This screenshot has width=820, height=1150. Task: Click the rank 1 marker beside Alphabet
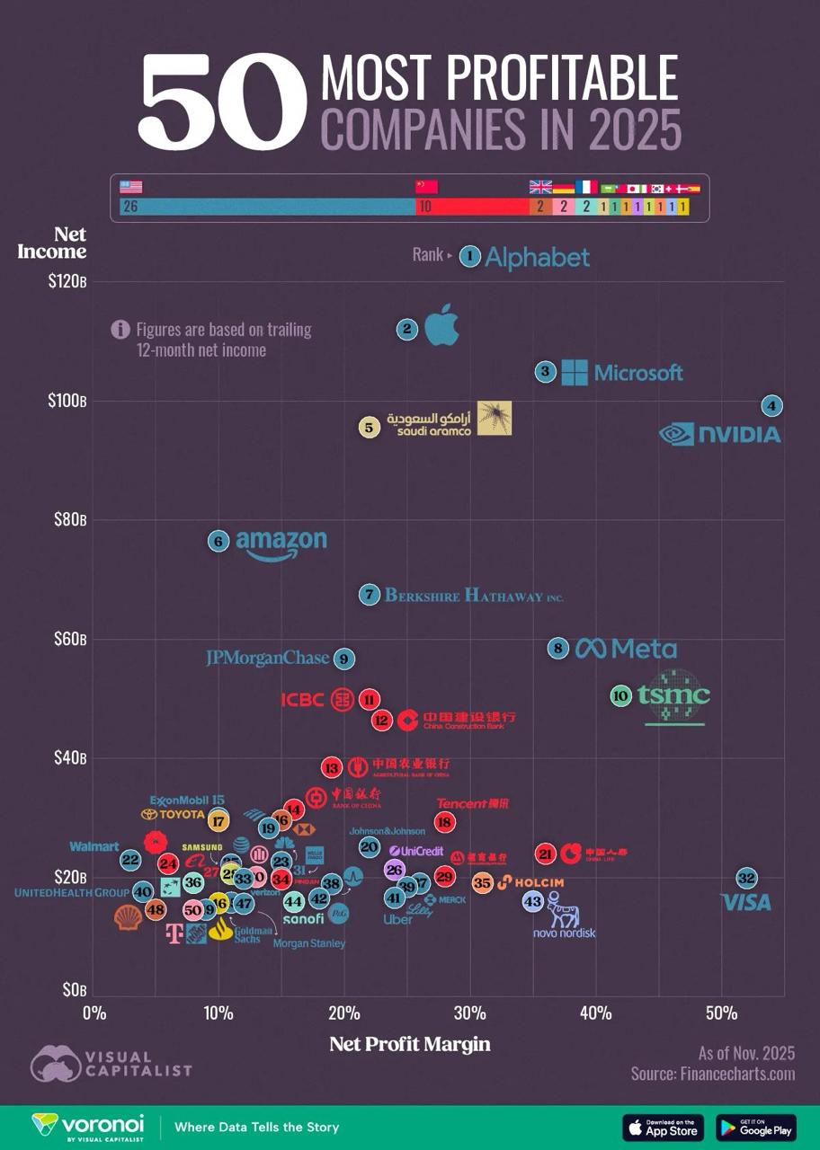point(469,256)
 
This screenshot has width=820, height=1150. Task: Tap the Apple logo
point(441,324)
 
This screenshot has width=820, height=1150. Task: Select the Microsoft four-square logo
point(575,372)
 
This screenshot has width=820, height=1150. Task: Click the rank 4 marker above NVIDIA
point(771,405)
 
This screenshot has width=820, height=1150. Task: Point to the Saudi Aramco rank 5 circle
point(369,428)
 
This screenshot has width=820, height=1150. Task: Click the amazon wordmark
point(281,542)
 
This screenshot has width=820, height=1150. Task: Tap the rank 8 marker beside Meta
point(558,648)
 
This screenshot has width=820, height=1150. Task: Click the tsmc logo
point(673,696)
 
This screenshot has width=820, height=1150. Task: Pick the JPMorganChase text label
point(267,659)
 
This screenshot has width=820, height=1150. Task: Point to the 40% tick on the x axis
point(594,1013)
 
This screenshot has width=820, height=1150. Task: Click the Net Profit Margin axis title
point(410,1044)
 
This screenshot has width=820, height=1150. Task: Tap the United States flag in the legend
point(131,187)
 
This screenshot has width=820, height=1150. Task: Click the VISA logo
point(748,902)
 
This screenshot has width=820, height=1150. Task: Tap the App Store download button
point(663,1127)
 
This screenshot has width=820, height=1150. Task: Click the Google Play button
point(756,1127)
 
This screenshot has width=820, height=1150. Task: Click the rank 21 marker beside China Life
point(545,854)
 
